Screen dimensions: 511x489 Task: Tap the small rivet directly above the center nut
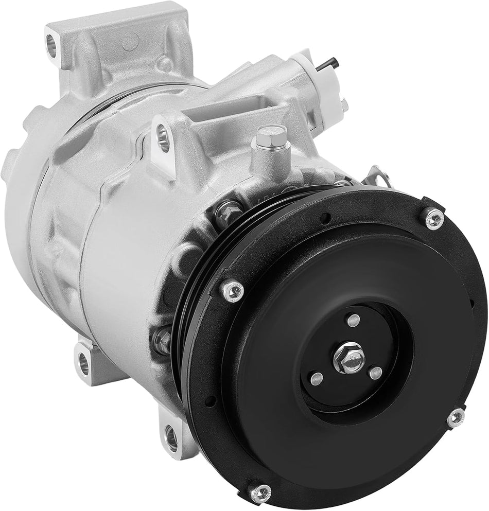click(353, 320)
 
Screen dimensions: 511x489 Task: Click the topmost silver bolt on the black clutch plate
click(434, 218)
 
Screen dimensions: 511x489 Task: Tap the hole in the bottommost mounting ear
click(171, 437)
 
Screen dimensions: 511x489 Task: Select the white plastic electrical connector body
click(329, 87)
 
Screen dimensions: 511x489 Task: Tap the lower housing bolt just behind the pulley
click(162, 340)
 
